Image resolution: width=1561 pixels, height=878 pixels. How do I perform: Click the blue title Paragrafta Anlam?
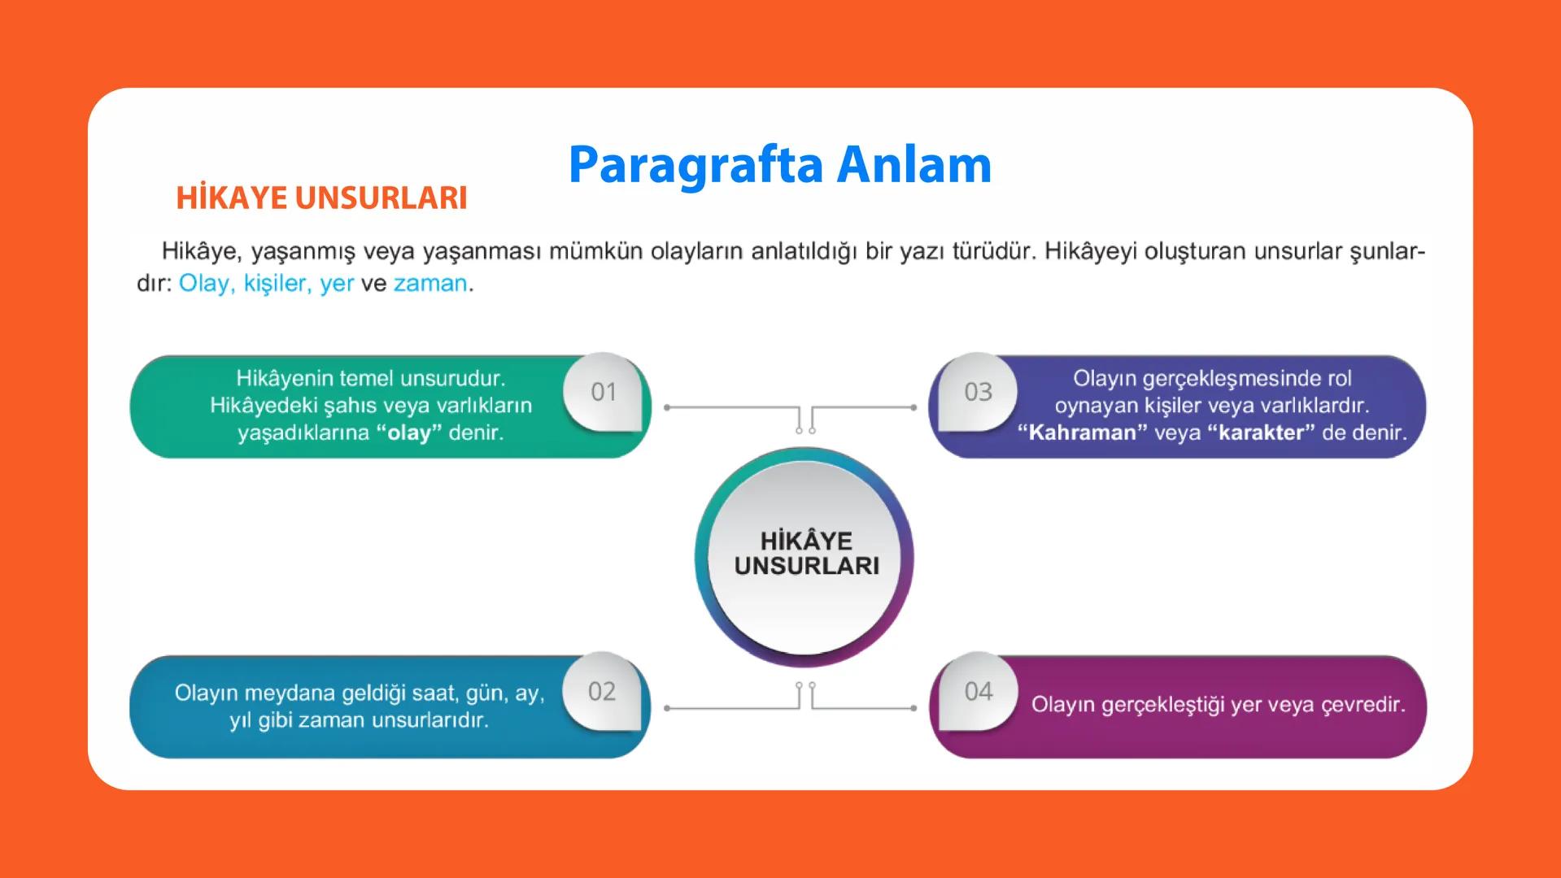779,165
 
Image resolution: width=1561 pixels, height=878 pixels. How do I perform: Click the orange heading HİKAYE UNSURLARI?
321,198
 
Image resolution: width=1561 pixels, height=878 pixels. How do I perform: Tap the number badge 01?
604,392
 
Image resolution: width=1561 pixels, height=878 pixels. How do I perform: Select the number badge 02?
602,692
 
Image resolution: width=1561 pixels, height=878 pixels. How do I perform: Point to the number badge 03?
978,392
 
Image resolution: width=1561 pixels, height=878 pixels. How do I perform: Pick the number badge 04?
979,692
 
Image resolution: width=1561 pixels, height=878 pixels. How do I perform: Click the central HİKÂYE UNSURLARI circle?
805,554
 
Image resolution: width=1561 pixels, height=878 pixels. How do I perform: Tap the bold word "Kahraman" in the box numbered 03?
1082,432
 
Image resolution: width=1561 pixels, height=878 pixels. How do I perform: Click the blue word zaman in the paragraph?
430,284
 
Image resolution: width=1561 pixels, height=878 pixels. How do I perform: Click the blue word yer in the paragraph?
337,284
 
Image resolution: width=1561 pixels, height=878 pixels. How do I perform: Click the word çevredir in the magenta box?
1363,704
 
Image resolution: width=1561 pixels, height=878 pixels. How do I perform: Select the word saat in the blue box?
434,693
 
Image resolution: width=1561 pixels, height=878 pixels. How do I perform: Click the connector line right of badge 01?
732,406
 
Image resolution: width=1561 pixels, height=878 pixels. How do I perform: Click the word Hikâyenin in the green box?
284,378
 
